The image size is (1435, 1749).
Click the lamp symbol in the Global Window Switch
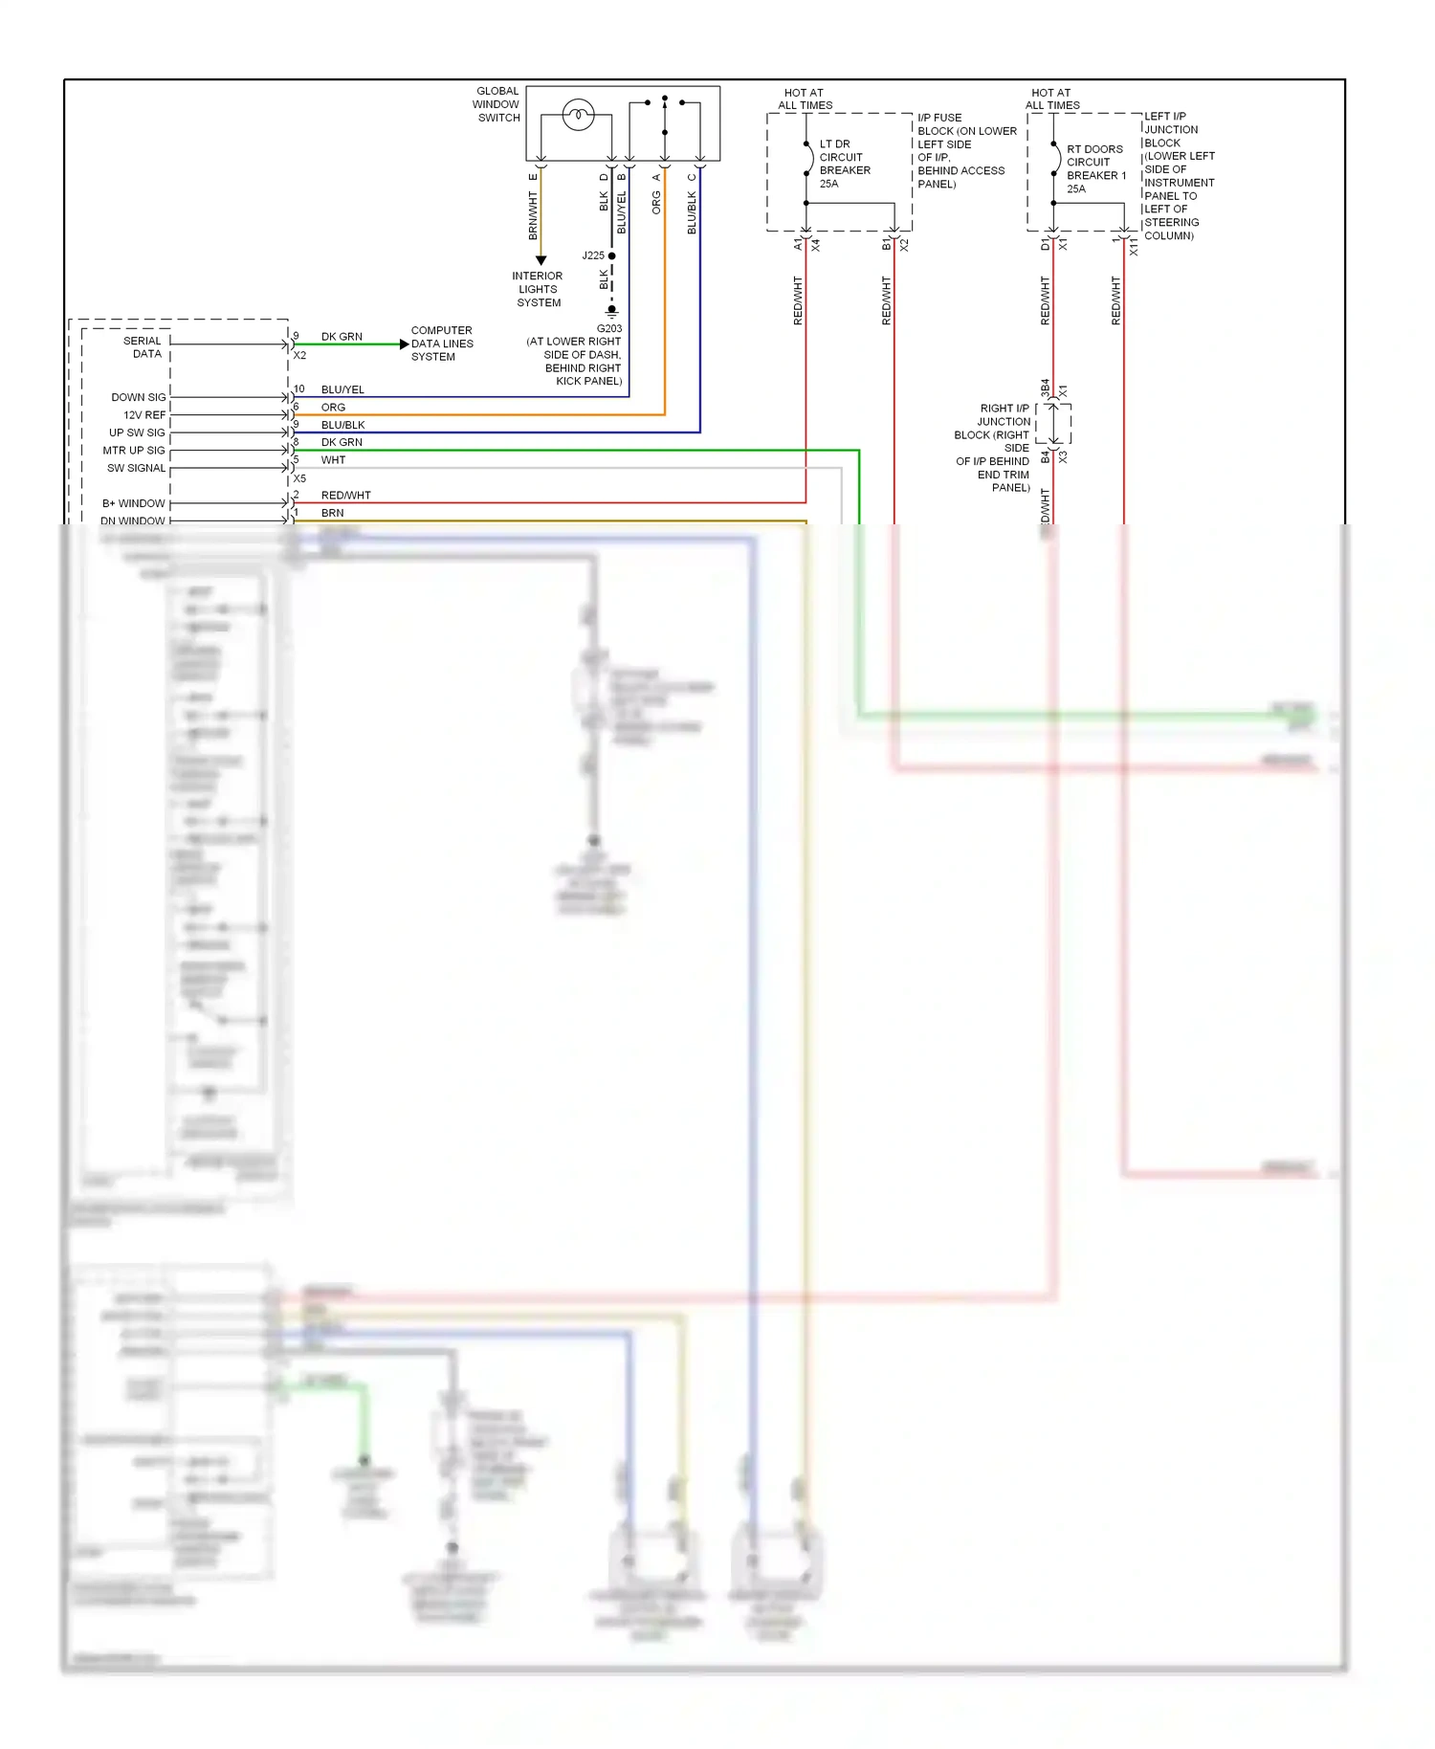tap(578, 116)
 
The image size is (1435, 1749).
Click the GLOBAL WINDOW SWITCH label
tap(497, 104)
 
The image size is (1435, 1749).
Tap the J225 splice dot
tap(612, 255)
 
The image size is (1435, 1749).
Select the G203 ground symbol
tap(611, 310)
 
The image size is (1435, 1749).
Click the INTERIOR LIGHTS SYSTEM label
tap(538, 289)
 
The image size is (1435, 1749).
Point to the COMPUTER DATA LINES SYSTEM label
tap(441, 343)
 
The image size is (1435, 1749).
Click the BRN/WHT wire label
tap(533, 215)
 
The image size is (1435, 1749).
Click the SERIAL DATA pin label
tap(143, 346)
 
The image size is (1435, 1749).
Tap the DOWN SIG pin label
tap(138, 397)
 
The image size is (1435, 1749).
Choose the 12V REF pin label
tap(143, 415)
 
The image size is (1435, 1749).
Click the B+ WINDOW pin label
tap(133, 503)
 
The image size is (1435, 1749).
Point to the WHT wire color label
tap(333, 460)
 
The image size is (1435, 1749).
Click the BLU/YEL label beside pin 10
tap(342, 389)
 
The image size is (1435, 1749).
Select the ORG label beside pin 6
tap(333, 408)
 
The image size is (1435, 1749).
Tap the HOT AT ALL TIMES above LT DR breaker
tap(804, 99)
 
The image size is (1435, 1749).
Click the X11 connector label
tap(1134, 247)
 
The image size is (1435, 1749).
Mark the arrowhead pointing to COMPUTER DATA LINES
tap(404, 344)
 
